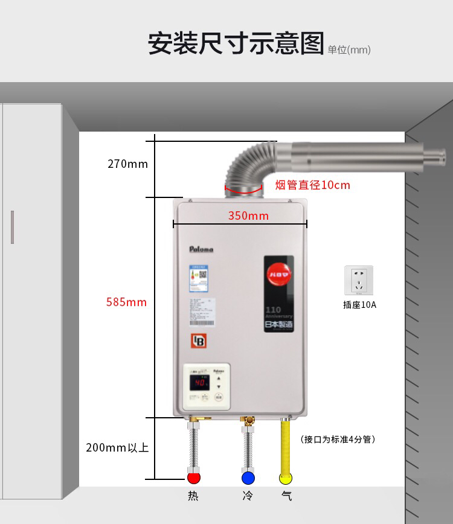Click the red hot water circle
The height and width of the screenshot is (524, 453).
(x=193, y=479)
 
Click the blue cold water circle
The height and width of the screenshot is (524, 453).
(x=248, y=479)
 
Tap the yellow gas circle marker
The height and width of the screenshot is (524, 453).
(x=286, y=479)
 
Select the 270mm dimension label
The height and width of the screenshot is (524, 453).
(x=127, y=164)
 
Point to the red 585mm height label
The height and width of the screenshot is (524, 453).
(x=126, y=302)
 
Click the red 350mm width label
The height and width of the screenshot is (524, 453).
(x=248, y=216)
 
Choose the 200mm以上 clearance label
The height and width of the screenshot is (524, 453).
(x=117, y=447)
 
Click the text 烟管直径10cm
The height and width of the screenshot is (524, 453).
(x=312, y=185)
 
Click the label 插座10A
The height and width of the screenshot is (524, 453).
(x=359, y=305)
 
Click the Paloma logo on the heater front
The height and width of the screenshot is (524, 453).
(x=201, y=249)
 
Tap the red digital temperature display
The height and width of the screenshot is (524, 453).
(x=201, y=383)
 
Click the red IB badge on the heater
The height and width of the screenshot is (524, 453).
(x=199, y=341)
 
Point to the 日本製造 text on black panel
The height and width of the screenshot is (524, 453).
(x=278, y=325)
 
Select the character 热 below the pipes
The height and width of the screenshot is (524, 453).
(x=193, y=496)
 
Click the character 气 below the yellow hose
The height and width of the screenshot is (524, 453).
(x=286, y=496)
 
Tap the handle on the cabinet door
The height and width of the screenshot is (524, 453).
(x=12, y=227)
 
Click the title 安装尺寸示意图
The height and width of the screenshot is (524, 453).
(x=236, y=44)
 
